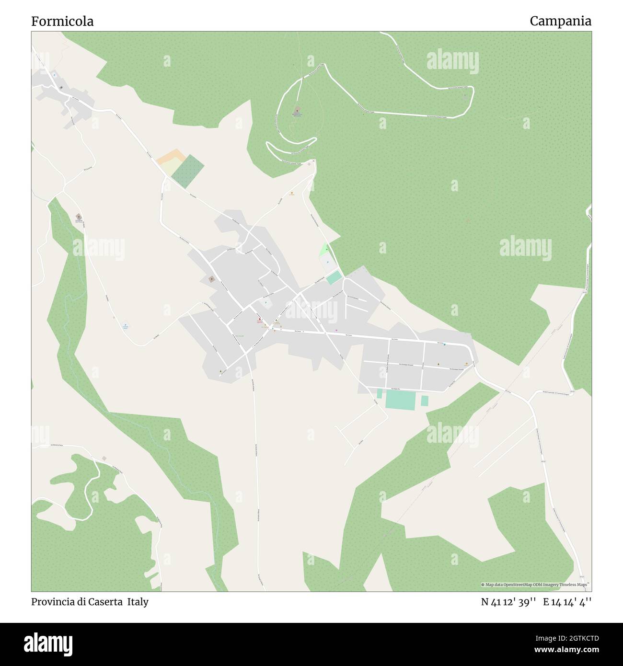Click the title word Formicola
pyautogui.click(x=62, y=21)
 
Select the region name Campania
pyautogui.click(x=560, y=21)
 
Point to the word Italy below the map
pyautogui.click(x=138, y=602)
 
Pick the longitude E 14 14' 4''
pyautogui.click(x=567, y=602)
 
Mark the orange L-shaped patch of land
pyautogui.click(x=168, y=158)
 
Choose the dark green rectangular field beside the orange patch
pyautogui.click(x=188, y=171)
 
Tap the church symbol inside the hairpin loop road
pyautogui.click(x=296, y=110)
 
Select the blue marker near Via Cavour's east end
pyautogui.click(x=444, y=344)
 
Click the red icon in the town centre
pyautogui.click(x=260, y=319)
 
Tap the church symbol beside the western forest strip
pyautogui.click(x=79, y=217)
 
